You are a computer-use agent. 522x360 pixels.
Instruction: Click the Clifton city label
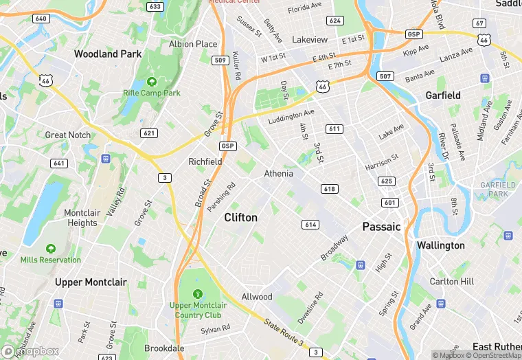point(241,218)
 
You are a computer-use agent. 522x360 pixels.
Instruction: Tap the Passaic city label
point(381,227)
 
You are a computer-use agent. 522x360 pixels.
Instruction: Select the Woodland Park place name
point(108,54)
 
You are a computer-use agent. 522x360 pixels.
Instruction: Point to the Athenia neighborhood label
point(279,174)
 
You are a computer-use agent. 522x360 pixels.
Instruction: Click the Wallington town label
point(440,245)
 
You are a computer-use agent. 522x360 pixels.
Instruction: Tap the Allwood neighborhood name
point(257,297)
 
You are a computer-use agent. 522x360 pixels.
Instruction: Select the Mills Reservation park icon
point(50,248)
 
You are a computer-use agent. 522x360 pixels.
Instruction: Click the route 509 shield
point(220,60)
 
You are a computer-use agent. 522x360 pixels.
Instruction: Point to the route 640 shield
point(41,19)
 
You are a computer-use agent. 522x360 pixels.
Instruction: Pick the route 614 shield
point(310,225)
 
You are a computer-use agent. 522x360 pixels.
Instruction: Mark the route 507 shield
point(385,76)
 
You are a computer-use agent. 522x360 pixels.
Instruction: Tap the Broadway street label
point(334,248)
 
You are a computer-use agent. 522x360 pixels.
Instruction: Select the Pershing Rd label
point(222,197)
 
